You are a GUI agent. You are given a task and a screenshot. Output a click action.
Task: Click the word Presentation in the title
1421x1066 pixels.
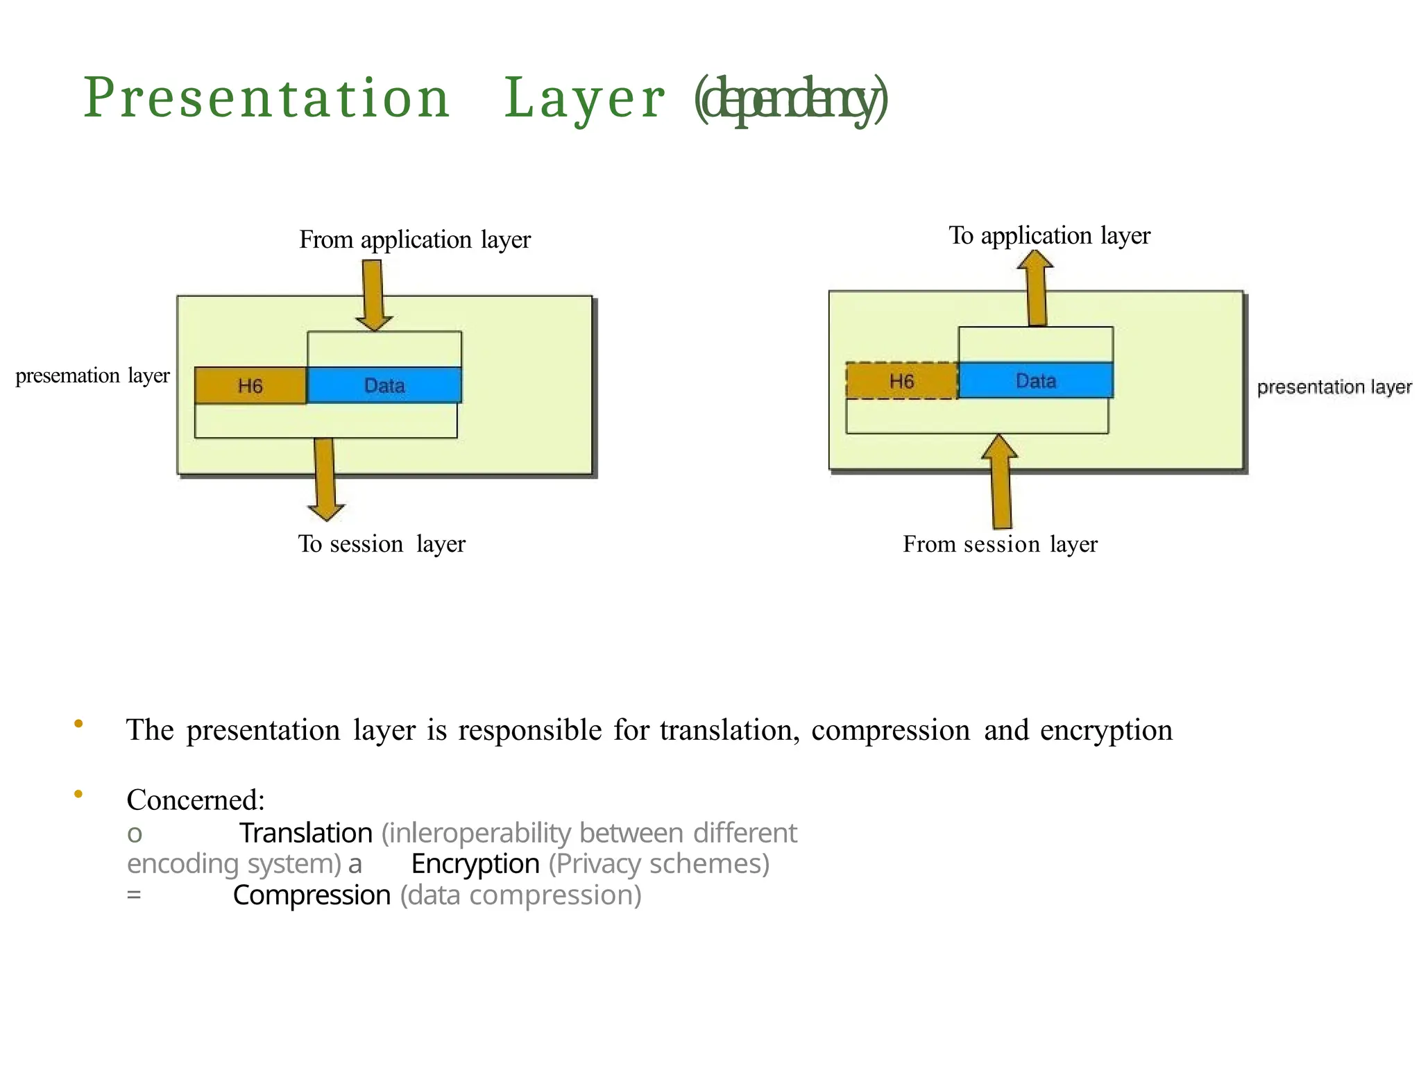pos(266,99)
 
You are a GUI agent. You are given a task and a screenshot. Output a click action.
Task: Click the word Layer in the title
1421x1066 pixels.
pos(584,99)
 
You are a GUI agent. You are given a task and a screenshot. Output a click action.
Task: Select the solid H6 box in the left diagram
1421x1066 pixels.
pos(250,386)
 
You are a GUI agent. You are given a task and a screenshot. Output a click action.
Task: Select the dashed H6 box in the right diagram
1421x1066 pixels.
pos(901,381)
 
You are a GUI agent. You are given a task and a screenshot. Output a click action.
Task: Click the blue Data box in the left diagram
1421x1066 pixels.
pos(384,385)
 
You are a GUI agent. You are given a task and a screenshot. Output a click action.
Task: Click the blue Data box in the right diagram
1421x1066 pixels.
pos(1035,380)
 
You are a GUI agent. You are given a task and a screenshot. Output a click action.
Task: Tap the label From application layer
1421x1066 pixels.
pos(414,240)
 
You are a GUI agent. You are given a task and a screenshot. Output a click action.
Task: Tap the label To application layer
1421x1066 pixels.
pos(1048,236)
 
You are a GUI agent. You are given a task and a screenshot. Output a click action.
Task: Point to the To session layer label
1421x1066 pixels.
pos(382,544)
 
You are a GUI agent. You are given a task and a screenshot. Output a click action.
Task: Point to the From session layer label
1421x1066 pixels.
pos(999,544)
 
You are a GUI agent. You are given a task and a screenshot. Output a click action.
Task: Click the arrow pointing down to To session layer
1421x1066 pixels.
pos(325,479)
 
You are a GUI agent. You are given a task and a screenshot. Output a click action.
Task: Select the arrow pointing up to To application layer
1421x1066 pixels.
pos(1037,288)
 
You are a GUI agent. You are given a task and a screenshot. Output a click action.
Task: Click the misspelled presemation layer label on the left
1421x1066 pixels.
pos(92,376)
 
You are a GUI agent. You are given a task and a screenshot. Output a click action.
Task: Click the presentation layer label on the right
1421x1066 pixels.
pos(1334,387)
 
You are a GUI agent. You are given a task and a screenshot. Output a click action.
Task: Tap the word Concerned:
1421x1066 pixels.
pos(196,800)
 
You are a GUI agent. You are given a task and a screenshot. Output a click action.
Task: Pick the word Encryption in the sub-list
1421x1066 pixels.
pos(475,864)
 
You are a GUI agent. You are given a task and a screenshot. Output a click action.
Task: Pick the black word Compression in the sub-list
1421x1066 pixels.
pos(312,895)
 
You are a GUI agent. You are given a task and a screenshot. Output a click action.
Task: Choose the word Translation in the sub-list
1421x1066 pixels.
pos(306,833)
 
